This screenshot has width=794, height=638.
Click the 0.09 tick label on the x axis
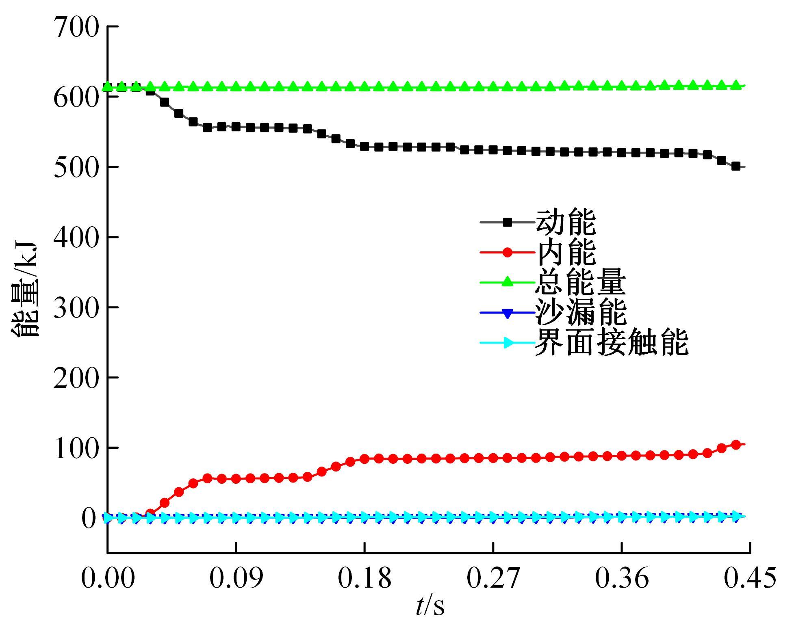click(x=236, y=577)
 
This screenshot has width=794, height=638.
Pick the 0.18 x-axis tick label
click(x=364, y=577)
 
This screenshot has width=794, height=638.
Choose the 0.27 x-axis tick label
click(x=493, y=577)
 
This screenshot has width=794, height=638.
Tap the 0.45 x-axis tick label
click(x=750, y=577)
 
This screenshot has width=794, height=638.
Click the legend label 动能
click(x=566, y=222)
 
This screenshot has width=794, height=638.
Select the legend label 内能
click(x=566, y=252)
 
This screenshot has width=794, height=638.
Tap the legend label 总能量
click(x=580, y=282)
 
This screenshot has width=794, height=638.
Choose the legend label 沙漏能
click(x=580, y=312)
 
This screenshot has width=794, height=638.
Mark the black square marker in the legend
click(x=507, y=222)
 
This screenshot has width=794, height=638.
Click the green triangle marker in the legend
click(x=507, y=282)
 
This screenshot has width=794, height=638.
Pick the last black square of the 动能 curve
click(x=735, y=167)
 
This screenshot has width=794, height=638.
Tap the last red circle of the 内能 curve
click(x=735, y=445)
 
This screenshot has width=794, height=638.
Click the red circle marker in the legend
click(x=507, y=252)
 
